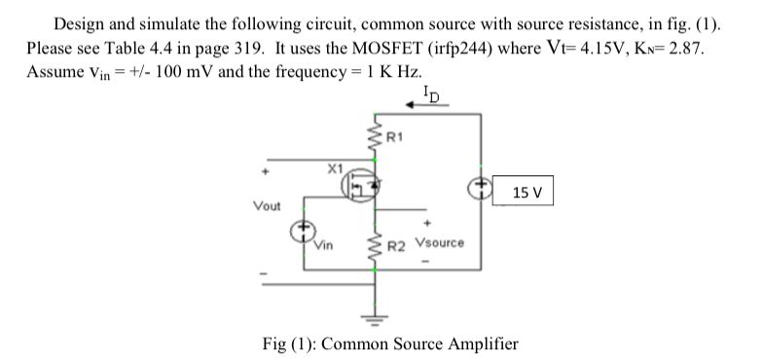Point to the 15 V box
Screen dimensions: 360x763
(525, 192)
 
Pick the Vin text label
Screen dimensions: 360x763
(323, 248)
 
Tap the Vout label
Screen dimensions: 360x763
(266, 206)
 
